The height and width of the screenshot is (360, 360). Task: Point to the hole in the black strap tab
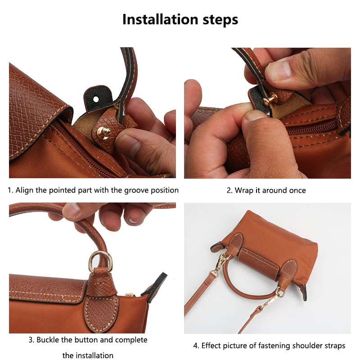[96, 96]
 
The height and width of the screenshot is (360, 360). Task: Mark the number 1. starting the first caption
[10, 190]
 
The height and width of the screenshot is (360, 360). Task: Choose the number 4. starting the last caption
[196, 346]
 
